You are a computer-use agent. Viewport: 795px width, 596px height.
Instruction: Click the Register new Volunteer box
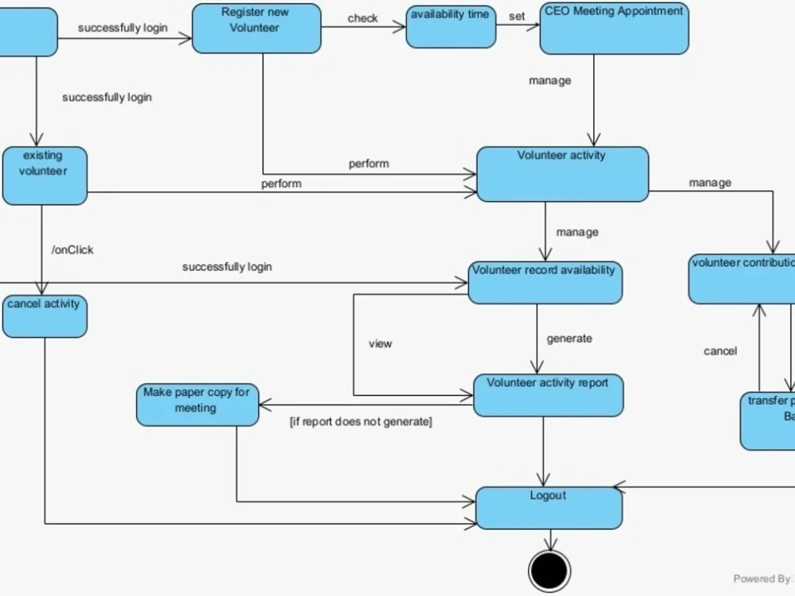pyautogui.click(x=256, y=29)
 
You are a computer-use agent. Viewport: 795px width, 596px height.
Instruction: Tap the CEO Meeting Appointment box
pyautogui.click(x=614, y=29)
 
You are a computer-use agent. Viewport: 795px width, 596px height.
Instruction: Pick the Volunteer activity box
pyautogui.click(x=562, y=174)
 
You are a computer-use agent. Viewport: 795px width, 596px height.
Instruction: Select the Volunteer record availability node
pyautogui.click(x=545, y=283)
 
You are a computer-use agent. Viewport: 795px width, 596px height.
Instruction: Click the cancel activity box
pyautogui.click(x=45, y=315)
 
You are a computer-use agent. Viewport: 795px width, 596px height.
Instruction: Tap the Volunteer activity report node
pyautogui.click(x=548, y=395)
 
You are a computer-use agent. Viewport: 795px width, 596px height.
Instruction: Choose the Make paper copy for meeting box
pyautogui.click(x=197, y=405)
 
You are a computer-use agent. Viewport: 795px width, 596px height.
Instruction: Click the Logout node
pyautogui.click(x=549, y=508)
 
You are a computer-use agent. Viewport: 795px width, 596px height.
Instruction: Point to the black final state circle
pyautogui.click(x=549, y=570)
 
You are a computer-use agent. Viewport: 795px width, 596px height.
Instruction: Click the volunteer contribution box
pyautogui.click(x=742, y=279)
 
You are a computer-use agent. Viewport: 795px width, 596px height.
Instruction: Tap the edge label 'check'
pyautogui.click(x=363, y=18)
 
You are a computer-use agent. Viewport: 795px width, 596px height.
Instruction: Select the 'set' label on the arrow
pyautogui.click(x=517, y=16)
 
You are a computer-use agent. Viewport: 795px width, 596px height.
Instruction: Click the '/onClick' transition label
pyautogui.click(x=72, y=250)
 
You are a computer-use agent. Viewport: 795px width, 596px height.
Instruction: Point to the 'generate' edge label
pyautogui.click(x=569, y=339)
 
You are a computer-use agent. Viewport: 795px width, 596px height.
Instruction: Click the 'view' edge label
pyautogui.click(x=380, y=344)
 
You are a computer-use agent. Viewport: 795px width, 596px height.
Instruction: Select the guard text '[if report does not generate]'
pyautogui.click(x=360, y=421)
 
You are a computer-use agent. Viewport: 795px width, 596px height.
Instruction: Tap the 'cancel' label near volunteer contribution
pyautogui.click(x=720, y=351)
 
